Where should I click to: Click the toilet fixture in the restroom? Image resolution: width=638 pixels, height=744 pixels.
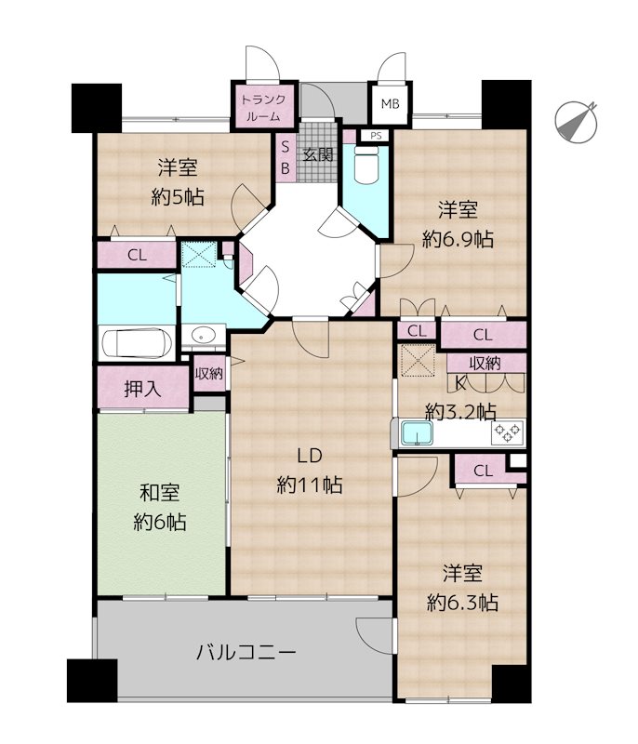[x=366, y=165]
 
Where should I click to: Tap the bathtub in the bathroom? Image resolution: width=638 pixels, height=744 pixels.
[x=137, y=342]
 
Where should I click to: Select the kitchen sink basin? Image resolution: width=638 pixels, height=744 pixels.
[x=417, y=433]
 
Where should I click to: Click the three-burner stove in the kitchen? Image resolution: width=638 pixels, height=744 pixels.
[x=508, y=432]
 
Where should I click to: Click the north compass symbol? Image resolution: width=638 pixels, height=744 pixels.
[x=576, y=122]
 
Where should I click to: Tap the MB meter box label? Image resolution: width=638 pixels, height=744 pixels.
[x=391, y=103]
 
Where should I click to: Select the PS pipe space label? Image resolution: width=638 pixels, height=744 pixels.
[x=376, y=136]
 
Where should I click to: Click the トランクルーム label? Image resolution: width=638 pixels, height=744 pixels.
[x=264, y=107]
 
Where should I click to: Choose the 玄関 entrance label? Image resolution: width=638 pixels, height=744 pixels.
[x=318, y=154]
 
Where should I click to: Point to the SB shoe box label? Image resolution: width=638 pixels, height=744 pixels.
[x=286, y=157]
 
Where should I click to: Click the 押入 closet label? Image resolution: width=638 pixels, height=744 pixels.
[x=142, y=389]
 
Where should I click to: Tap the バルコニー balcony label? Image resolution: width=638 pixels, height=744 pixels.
[x=246, y=653]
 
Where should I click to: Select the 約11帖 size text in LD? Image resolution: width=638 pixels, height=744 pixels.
[x=310, y=485]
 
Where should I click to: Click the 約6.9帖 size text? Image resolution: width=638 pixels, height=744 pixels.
[x=458, y=239]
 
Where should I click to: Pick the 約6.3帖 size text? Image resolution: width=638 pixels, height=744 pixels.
[x=462, y=603]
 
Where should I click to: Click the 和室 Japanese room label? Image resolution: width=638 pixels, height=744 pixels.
[x=160, y=493]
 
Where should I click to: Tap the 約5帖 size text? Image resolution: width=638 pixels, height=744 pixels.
[x=178, y=196]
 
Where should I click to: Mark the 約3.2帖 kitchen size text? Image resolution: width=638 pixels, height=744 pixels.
[x=460, y=411]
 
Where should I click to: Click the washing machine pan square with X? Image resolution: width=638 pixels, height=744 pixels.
[x=199, y=254]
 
